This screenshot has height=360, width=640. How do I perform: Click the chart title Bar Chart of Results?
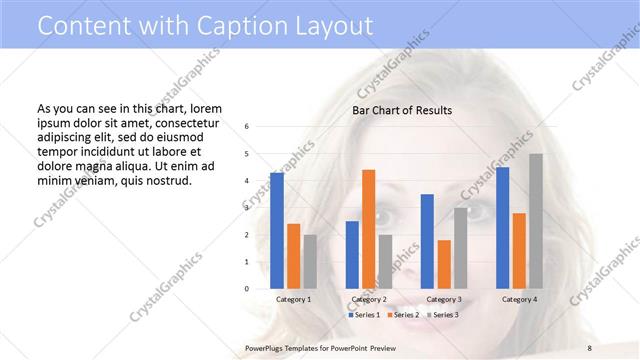(402, 110)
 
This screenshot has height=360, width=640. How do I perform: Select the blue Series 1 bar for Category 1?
(277, 230)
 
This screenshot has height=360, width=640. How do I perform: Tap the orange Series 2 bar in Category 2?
(368, 229)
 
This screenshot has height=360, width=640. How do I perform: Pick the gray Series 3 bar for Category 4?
(536, 221)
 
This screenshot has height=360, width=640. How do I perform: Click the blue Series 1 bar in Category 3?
(427, 241)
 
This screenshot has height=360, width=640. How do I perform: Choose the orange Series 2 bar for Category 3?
(443, 264)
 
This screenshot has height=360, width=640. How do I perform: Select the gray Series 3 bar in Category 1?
(309, 261)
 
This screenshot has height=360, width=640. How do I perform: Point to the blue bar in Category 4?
(502, 227)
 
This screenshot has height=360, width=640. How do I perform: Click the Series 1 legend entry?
(364, 315)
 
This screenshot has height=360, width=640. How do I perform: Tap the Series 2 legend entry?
(403, 315)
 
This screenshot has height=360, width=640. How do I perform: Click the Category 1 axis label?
(293, 299)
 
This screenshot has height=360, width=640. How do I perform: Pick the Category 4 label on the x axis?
(518, 299)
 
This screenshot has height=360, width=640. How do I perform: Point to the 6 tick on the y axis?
(247, 127)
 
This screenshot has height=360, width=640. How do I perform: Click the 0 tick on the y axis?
(247, 289)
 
